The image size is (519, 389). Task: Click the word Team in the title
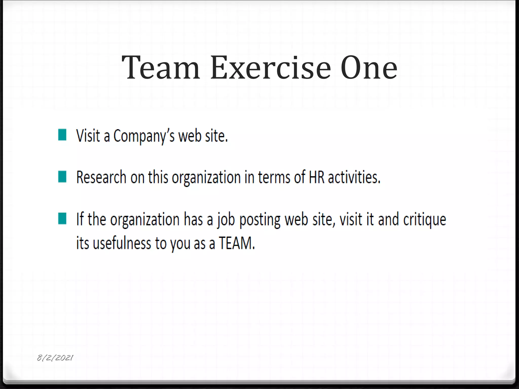tap(161, 68)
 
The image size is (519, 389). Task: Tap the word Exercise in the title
tap(270, 68)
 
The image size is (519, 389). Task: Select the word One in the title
tap(369, 68)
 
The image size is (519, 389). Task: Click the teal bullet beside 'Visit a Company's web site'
tap(62, 135)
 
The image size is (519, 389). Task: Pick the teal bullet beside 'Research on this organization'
tap(62, 177)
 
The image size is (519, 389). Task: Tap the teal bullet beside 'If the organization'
tap(62, 218)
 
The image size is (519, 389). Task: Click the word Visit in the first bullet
tap(88, 136)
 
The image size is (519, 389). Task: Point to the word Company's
tap(144, 136)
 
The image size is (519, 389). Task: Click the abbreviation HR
tap(317, 177)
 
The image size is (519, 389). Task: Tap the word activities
tap(354, 177)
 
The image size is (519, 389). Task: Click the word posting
tap(260, 220)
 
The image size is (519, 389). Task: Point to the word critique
tap(424, 220)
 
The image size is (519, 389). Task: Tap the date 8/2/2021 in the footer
tap(55, 358)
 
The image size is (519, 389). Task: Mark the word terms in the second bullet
tap(274, 177)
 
